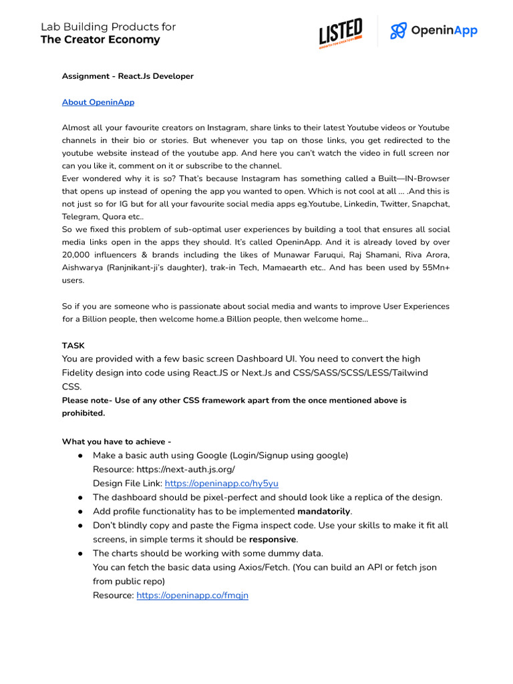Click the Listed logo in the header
pos(341,32)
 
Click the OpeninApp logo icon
pos(399,31)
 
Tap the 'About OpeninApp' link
pos(98,102)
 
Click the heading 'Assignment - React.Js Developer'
pos(128,76)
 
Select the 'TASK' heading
pos(73,345)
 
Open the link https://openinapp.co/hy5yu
pos(221,483)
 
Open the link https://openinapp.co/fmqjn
pos(192,594)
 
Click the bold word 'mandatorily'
pos(323,511)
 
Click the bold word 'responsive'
pos(273,539)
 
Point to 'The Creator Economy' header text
pos(100,40)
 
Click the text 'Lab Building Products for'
pos(108,27)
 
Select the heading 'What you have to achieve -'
pos(117,442)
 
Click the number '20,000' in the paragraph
pos(78,254)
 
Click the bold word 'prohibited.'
pos(83,413)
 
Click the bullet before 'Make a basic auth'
pos(80,456)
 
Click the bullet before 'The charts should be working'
pos(80,553)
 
